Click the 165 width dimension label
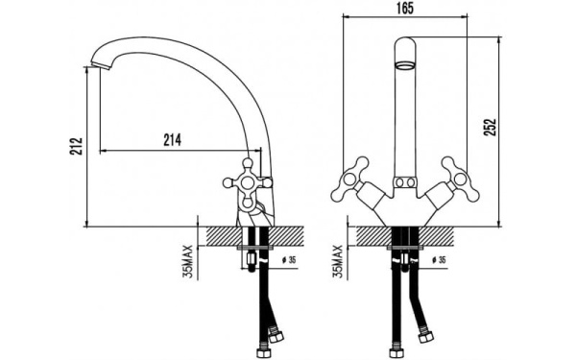click(405, 8)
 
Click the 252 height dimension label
click(490, 127)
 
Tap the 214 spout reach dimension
click(172, 140)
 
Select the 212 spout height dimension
click(77, 146)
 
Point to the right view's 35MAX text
click(337, 261)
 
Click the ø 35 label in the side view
click(289, 260)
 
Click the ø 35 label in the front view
click(439, 260)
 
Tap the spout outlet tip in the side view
click(100, 66)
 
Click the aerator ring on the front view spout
click(405, 65)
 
